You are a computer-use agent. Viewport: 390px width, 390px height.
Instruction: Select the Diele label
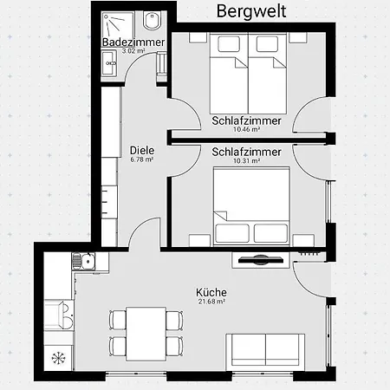click(x=142, y=149)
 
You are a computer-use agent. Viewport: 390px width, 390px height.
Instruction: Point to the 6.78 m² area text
click(x=142, y=159)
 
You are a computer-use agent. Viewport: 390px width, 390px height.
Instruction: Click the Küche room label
click(x=211, y=292)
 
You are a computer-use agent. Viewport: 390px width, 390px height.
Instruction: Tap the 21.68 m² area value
click(x=211, y=302)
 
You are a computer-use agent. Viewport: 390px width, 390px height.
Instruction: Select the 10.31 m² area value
click(x=246, y=161)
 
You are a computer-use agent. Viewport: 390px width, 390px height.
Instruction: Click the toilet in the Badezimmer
click(x=153, y=21)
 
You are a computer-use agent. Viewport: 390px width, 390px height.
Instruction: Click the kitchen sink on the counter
click(x=83, y=258)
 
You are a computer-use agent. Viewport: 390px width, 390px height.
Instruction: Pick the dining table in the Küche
click(x=146, y=333)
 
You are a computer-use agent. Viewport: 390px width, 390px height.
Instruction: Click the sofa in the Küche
click(x=265, y=351)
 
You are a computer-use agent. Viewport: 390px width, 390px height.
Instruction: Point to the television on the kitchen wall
click(x=258, y=258)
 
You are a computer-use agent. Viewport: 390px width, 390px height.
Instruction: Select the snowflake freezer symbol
click(x=59, y=357)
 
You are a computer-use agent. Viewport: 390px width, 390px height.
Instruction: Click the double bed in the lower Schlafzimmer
click(x=251, y=205)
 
